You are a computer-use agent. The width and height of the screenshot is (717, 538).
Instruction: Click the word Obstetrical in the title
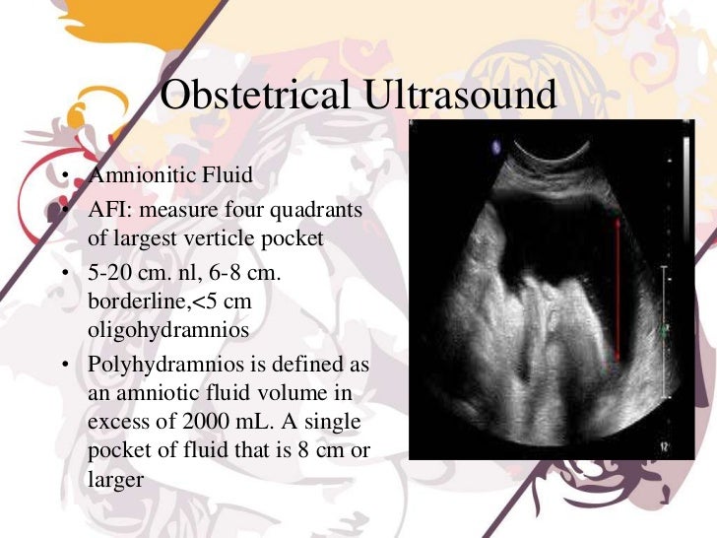click(253, 96)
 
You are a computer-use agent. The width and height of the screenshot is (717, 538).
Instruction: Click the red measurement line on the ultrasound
click(617, 291)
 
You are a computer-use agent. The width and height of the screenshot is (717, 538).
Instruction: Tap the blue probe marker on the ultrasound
click(494, 148)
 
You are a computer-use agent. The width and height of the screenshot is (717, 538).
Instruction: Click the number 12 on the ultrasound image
click(665, 448)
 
